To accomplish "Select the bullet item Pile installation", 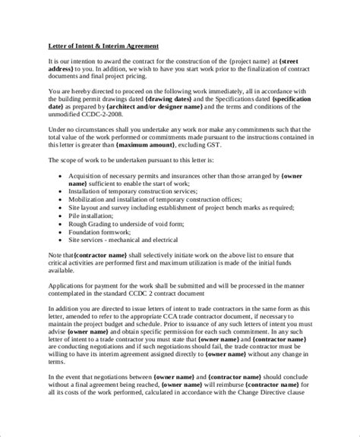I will pos(111,215).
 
